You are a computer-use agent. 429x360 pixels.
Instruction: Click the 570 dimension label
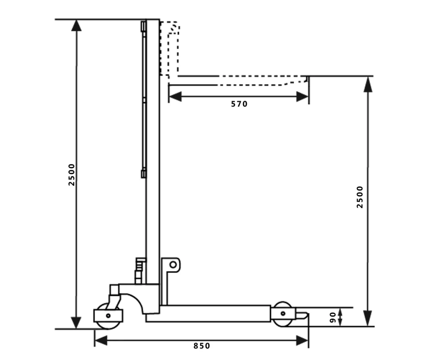click(239, 104)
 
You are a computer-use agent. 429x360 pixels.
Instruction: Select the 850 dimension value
click(202, 346)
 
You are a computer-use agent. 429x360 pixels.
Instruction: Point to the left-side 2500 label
click(72, 174)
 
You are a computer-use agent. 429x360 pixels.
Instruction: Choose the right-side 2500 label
click(359, 197)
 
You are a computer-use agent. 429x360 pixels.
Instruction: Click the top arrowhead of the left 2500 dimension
click(76, 26)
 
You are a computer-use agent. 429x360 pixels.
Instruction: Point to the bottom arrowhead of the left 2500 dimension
click(76, 322)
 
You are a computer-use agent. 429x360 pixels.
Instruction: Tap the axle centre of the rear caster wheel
click(108, 315)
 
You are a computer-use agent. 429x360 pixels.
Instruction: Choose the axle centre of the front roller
click(283, 313)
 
